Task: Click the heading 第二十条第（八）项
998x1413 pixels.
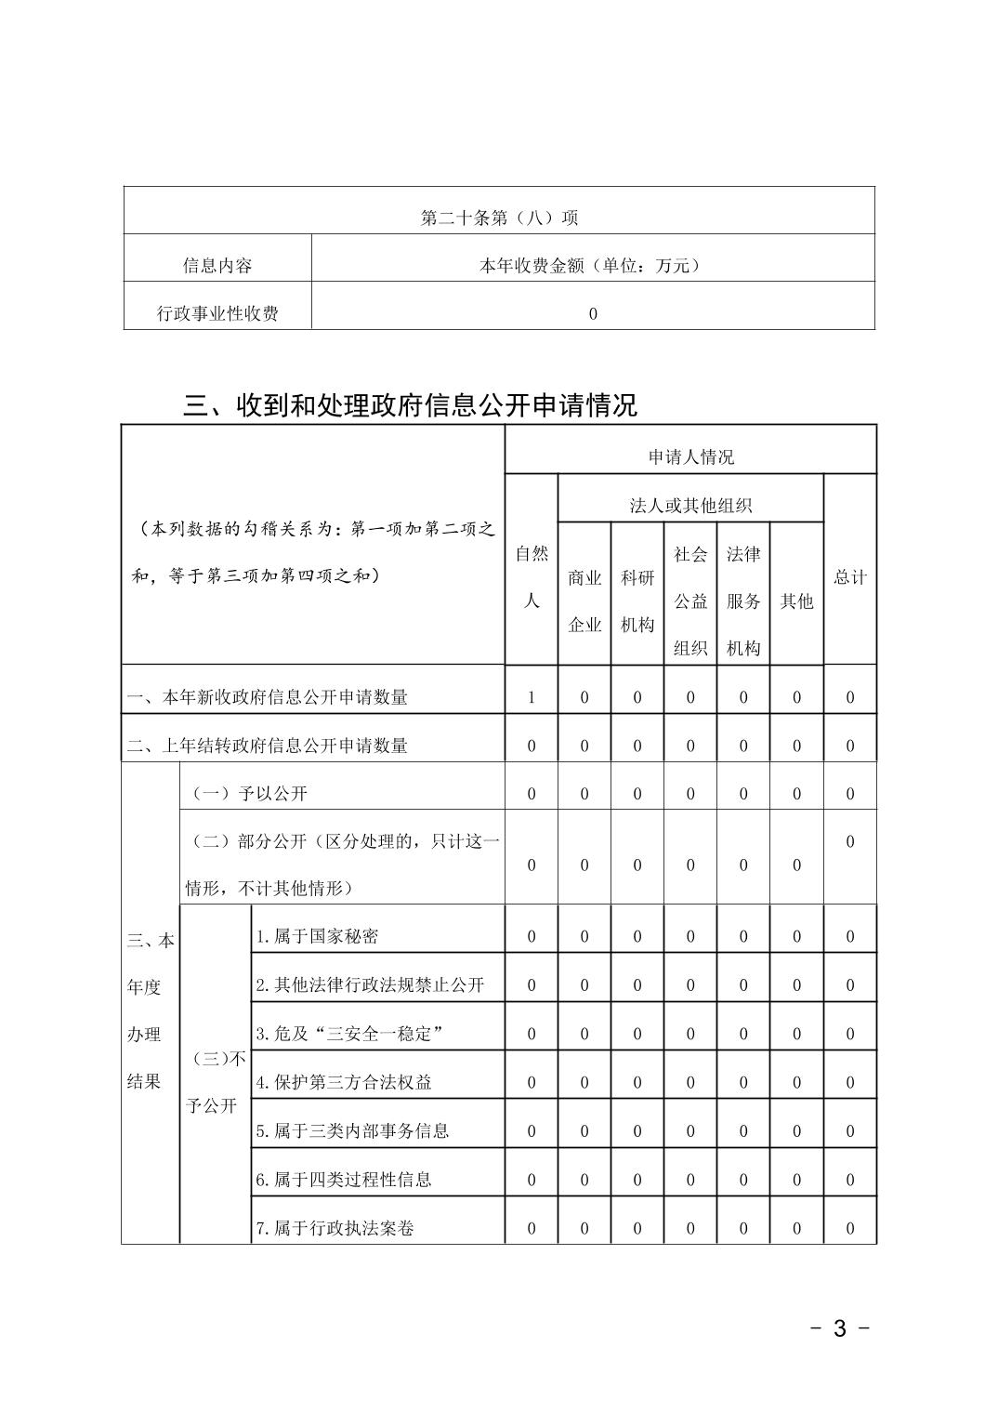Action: pyautogui.click(x=499, y=218)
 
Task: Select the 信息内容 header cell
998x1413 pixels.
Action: pyautogui.click(x=217, y=266)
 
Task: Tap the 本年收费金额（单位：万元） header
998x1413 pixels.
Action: pyautogui.click(x=592, y=266)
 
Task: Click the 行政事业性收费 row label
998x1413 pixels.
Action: pyautogui.click(x=217, y=314)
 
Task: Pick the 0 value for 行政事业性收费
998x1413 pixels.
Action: pyautogui.click(x=593, y=314)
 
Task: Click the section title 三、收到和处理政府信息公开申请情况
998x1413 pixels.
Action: pyautogui.click(x=410, y=405)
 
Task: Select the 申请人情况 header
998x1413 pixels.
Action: pyautogui.click(x=690, y=457)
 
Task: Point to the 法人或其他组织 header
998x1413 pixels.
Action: pyautogui.click(x=690, y=506)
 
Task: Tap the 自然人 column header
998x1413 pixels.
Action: pyautogui.click(x=532, y=577)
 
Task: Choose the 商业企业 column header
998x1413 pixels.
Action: pyautogui.click(x=584, y=601)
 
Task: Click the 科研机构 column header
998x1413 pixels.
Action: pyautogui.click(x=637, y=601)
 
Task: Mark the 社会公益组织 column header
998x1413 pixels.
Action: pyautogui.click(x=690, y=601)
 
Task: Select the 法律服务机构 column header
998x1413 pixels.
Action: pyautogui.click(x=743, y=601)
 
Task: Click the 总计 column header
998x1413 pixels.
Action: pyautogui.click(x=849, y=577)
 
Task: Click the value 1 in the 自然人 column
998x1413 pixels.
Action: pyautogui.click(x=532, y=697)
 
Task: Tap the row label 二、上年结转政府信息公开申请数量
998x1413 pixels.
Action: pyautogui.click(x=268, y=746)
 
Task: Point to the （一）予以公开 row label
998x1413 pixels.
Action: pyautogui.click(x=249, y=794)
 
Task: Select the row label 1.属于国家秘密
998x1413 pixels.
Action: pyautogui.click(x=317, y=936)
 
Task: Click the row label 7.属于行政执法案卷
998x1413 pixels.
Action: pyautogui.click(x=335, y=1228)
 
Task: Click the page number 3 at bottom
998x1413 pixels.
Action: pyautogui.click(x=839, y=1328)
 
